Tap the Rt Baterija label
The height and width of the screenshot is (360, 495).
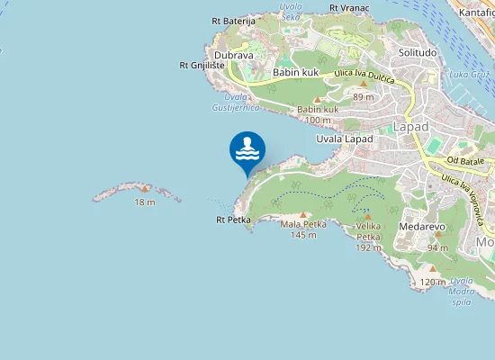click(234, 21)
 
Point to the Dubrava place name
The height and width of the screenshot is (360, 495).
click(234, 55)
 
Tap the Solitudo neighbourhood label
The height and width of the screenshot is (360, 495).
click(418, 52)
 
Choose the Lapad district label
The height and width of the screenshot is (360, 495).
click(411, 127)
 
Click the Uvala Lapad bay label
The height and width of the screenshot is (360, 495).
click(345, 139)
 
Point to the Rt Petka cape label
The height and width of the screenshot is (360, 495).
click(233, 219)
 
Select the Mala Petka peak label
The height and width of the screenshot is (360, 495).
click(301, 224)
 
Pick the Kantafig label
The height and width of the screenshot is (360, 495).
click(477, 13)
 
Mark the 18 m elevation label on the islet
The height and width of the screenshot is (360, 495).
click(145, 202)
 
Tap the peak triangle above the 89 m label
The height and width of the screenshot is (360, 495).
click(364, 84)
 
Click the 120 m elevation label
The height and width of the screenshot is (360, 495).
click(433, 282)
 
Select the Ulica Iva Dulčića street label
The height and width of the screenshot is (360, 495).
click(366, 77)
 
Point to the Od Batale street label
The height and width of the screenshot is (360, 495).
click(465, 160)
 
